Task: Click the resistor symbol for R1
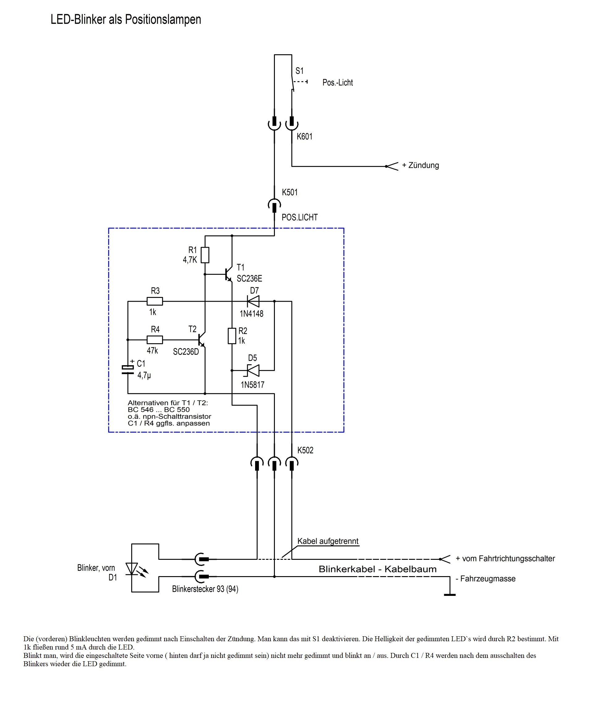pyautogui.click(x=205, y=255)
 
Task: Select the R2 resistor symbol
pyautogui.click(x=232, y=336)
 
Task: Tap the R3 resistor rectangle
pyautogui.click(x=155, y=301)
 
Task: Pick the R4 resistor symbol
pyautogui.click(x=155, y=340)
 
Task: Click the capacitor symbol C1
pyautogui.click(x=128, y=370)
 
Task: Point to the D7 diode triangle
pyautogui.click(x=253, y=301)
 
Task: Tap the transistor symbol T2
pyautogui.click(x=202, y=340)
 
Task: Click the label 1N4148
pyautogui.click(x=252, y=314)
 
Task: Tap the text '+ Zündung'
pyautogui.click(x=420, y=166)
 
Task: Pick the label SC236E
pyautogui.click(x=250, y=279)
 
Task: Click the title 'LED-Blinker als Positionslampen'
pyautogui.click(x=126, y=20)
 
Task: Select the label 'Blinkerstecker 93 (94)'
pyautogui.click(x=205, y=589)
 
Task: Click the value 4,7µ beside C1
pyautogui.click(x=144, y=375)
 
